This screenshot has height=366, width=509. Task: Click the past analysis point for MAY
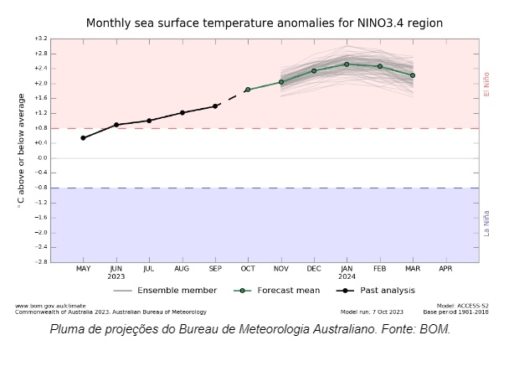tap(83, 138)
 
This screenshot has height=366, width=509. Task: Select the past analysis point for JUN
tap(116, 125)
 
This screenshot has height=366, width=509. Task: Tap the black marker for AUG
tap(182, 112)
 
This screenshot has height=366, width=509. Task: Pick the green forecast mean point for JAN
tap(347, 64)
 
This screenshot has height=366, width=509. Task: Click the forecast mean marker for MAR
tap(413, 75)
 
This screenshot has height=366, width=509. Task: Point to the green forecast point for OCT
tap(248, 90)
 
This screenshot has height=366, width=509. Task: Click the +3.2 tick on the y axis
tap(41, 39)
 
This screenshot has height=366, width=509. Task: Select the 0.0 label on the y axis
tap(41, 158)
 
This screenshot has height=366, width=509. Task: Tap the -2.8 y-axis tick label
tap(41, 262)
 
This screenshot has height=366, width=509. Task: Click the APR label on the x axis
tap(445, 269)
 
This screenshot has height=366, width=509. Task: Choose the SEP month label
tap(215, 269)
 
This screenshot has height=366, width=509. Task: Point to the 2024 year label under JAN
tap(347, 276)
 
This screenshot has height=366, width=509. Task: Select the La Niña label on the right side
tap(487, 223)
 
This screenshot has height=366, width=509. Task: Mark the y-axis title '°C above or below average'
tap(20, 151)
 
